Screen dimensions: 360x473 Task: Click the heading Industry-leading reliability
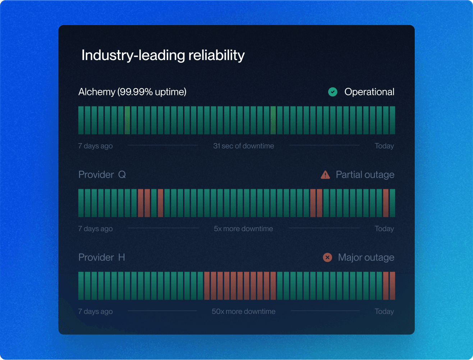tap(163, 55)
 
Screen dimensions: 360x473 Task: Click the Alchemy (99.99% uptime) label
tap(132, 92)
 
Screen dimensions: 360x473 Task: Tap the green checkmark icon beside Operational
tap(333, 92)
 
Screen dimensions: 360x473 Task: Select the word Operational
tap(369, 92)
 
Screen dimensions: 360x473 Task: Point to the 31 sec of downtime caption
tap(243, 146)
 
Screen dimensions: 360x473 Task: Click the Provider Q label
tap(102, 175)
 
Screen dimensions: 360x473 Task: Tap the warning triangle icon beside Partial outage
tap(325, 175)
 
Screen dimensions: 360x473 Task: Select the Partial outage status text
tap(365, 175)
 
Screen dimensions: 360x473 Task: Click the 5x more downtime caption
tap(243, 229)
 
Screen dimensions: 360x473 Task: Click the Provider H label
tap(102, 258)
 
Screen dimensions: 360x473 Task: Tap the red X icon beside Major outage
tap(327, 258)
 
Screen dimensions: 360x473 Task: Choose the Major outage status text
tap(366, 258)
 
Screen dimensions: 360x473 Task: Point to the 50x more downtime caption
tap(243, 311)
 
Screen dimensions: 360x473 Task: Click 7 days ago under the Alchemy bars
tap(95, 146)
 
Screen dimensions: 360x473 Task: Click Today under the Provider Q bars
tap(384, 229)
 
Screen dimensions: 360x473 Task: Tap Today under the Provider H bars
tap(384, 311)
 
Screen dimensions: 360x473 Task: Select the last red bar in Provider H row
tap(392, 286)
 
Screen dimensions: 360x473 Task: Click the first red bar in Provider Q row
tap(141, 203)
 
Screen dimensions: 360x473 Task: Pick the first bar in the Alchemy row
tap(81, 120)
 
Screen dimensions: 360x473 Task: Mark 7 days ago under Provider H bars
tap(95, 311)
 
